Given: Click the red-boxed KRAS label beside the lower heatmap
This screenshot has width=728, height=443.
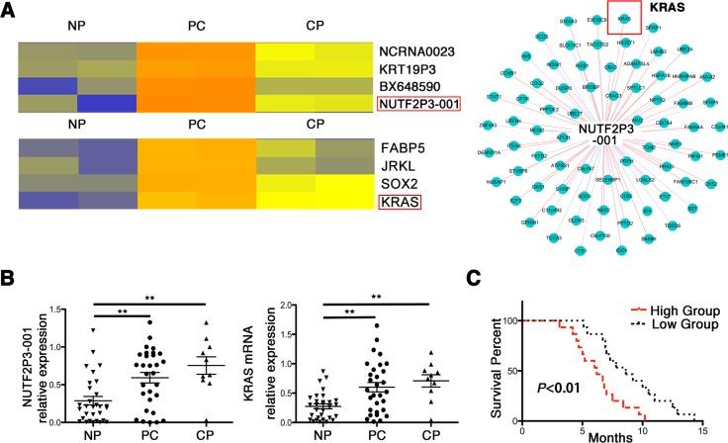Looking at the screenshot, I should pos(398,203).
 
